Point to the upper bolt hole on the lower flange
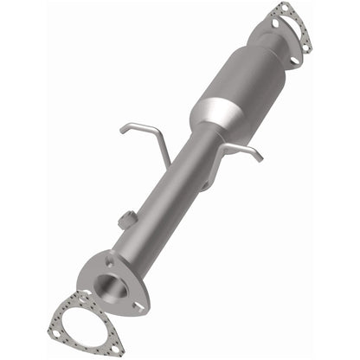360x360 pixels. point(109,256)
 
